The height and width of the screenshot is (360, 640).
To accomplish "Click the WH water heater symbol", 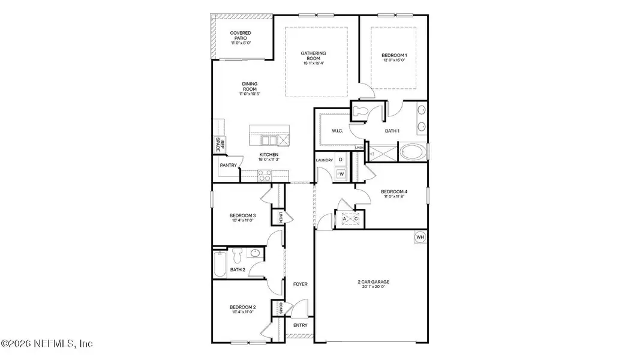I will (420, 238).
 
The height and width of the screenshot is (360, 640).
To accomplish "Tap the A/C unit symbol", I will (350, 220).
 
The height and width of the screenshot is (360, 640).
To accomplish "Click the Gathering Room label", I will (313, 56).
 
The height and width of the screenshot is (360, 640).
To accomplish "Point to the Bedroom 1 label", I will (393, 57).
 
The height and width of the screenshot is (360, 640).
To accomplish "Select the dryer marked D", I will (341, 160).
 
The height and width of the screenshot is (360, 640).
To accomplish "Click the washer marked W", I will (341, 174).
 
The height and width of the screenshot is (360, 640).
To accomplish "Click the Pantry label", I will (228, 166).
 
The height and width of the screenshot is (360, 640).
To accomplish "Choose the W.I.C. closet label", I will (336, 131).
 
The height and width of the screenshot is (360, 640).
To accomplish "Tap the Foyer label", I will (300, 284).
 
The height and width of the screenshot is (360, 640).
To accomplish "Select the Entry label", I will (299, 325).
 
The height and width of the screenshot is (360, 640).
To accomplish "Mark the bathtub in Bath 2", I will (219, 263).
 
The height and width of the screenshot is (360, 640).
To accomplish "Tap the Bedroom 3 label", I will (242, 218).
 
